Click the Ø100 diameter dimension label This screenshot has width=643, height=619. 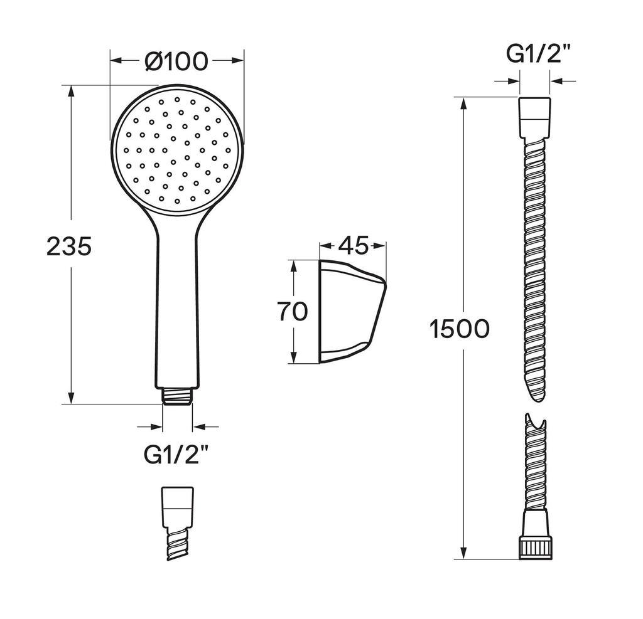pos(176,61)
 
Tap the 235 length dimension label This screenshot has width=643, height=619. pos(69,246)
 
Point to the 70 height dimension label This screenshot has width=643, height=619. pos(293,311)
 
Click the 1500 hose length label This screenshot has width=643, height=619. pos(459,329)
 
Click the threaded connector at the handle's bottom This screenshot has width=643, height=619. pos(177,396)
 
